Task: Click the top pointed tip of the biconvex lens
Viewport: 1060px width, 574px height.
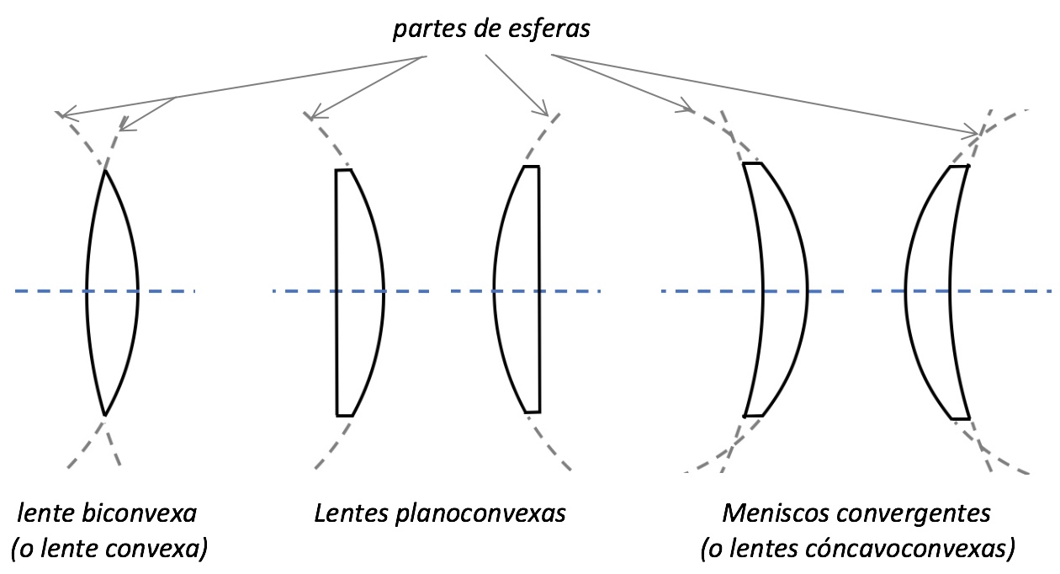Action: point(105,171)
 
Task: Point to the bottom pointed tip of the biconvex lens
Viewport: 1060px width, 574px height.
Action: point(105,414)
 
